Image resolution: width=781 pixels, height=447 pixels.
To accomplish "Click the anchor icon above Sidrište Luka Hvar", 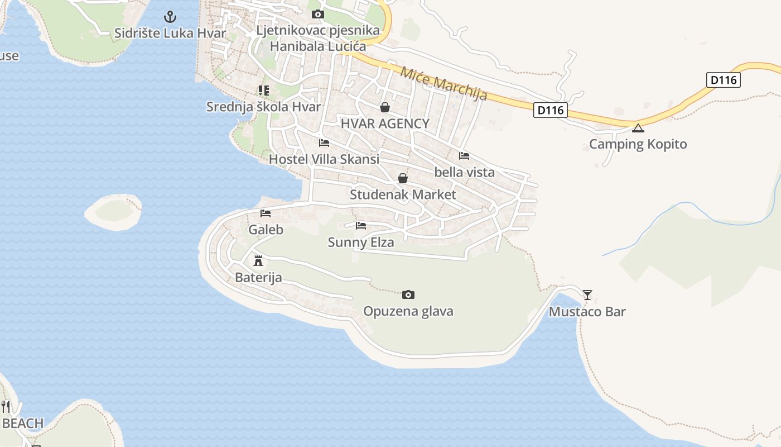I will [170, 17].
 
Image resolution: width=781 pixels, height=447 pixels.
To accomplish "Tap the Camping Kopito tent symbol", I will [638, 128].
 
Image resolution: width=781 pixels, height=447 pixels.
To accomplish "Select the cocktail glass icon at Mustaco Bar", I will [587, 294].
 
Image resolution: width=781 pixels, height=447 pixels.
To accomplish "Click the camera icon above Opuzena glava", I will [408, 294].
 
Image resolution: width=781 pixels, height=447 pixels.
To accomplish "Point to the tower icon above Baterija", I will [258, 260].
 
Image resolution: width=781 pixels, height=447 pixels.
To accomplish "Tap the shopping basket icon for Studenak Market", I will [403, 178].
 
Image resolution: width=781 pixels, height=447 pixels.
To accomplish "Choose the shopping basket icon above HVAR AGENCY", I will [385, 107].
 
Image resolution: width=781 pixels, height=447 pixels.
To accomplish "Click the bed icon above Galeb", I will [266, 213].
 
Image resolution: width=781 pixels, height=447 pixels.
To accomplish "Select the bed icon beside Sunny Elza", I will [361, 226].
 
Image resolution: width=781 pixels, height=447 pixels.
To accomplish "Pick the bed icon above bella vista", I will [464, 156].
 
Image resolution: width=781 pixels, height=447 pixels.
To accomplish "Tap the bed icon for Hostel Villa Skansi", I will [324, 143].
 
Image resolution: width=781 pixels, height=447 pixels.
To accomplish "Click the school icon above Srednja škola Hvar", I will [264, 90].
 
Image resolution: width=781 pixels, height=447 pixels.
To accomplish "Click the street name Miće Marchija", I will [443, 84].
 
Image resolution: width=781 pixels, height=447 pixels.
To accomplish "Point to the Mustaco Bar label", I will [587, 312].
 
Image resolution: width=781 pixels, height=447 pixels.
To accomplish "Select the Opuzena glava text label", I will [408, 311].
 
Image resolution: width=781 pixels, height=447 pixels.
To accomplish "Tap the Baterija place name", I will [258, 278].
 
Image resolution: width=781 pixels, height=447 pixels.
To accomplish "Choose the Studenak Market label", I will [403, 195].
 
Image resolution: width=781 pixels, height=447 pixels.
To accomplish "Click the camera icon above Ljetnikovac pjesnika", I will [318, 14].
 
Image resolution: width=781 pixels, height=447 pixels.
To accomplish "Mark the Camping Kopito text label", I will [638, 144].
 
